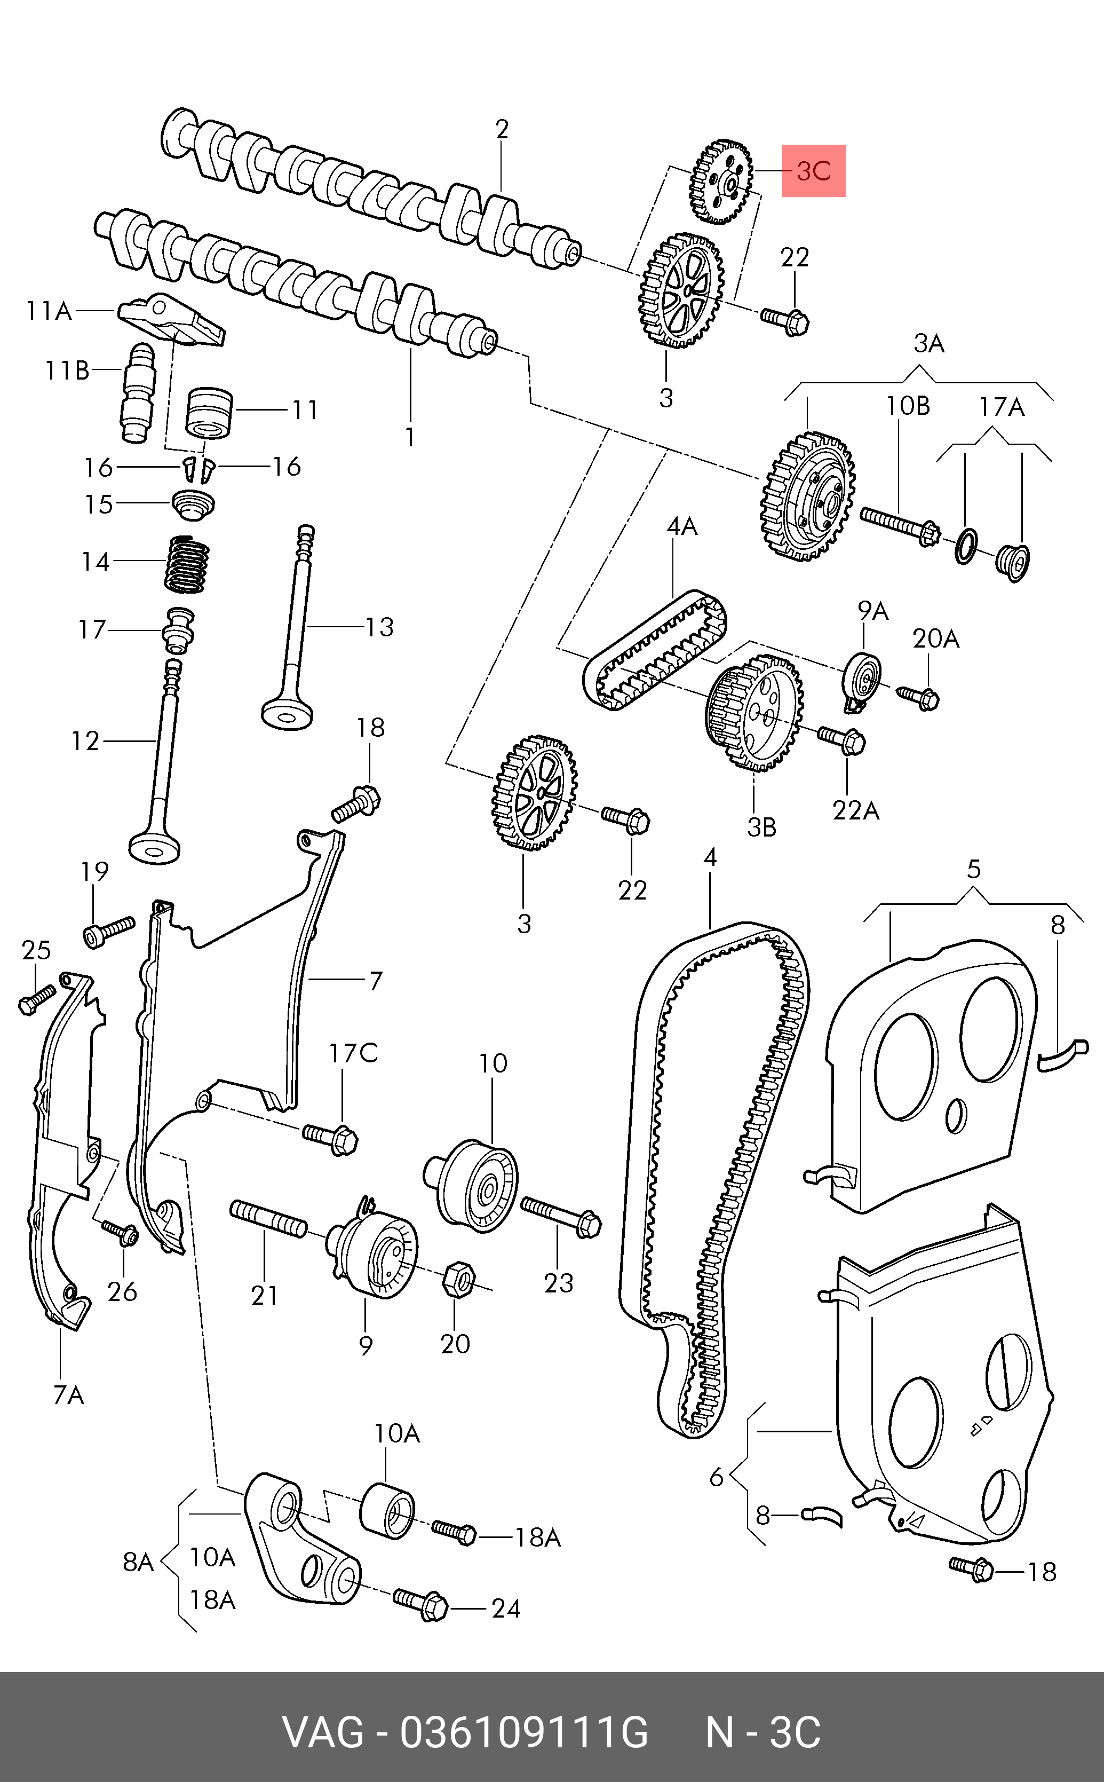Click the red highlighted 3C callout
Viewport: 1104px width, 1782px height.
[x=813, y=171]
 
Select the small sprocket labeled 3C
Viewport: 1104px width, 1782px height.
[x=721, y=181]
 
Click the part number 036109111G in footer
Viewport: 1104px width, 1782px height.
[x=523, y=1732]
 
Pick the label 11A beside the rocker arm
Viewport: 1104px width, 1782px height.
[x=49, y=311]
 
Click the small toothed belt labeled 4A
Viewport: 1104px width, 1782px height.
[x=655, y=649]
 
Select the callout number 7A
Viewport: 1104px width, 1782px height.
[x=69, y=1395]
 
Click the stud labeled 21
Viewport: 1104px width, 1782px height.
[x=268, y=1219]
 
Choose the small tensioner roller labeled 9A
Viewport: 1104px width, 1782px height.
[x=862, y=681]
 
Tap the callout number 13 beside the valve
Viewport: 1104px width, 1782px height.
[x=379, y=627]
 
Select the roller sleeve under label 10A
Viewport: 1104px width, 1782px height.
[x=388, y=1511]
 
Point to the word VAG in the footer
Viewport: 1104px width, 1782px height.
[x=323, y=1732]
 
